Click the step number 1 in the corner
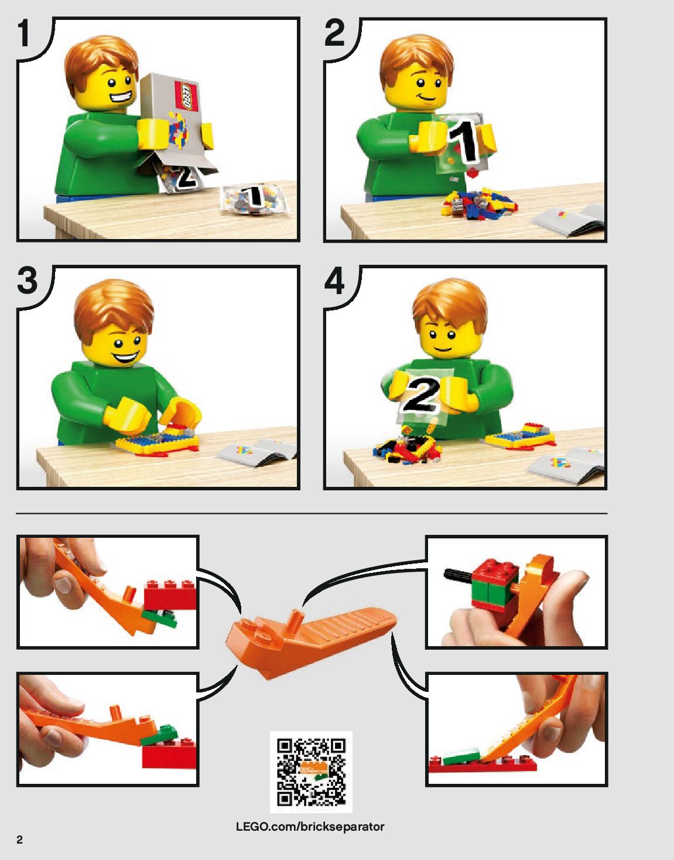pyautogui.click(x=25, y=33)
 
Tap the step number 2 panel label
pyautogui.click(x=334, y=33)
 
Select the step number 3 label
pyautogui.click(x=28, y=281)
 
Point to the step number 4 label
pyautogui.click(x=334, y=281)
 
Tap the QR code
pyautogui.click(x=311, y=772)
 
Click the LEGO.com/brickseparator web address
pyautogui.click(x=310, y=827)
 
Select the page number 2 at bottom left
pyautogui.click(x=20, y=840)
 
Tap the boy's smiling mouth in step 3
pyautogui.click(x=126, y=357)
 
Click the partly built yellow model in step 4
pyautogui.click(x=520, y=436)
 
